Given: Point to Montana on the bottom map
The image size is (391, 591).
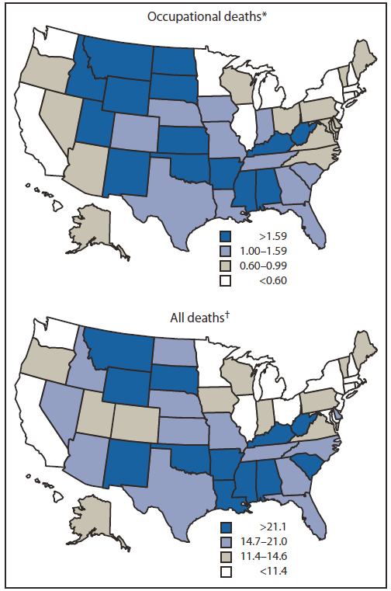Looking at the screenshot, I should (120, 346).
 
